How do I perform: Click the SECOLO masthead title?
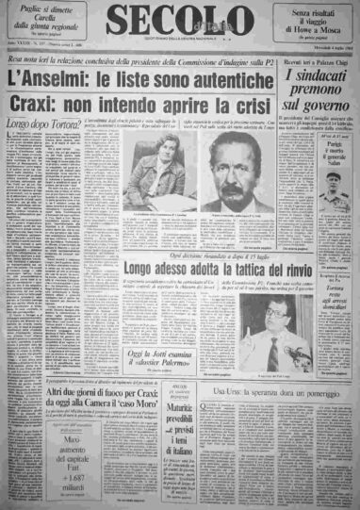pyautogui.click(x=178, y=20)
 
